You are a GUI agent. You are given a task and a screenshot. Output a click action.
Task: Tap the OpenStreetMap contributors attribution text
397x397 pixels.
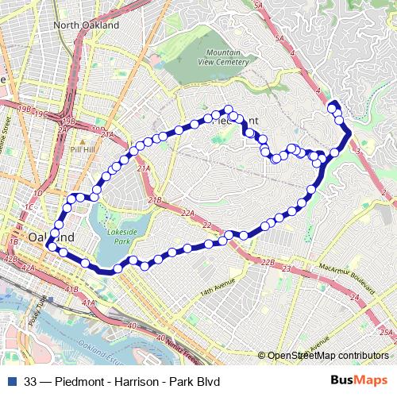pyautogui.click(x=328, y=356)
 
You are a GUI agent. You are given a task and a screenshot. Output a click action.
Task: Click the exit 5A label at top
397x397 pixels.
pyautogui.click(x=280, y=5)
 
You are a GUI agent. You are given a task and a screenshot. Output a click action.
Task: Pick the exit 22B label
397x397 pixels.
pyautogui.click(x=268, y=261)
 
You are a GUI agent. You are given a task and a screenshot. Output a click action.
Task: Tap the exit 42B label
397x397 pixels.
pyautogui.click(x=10, y=259)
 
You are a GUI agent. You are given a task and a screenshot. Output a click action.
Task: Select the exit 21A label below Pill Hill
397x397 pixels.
pyautogui.click(x=144, y=168)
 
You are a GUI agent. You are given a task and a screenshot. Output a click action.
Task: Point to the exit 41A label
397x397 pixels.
pyautogui.click(x=89, y=303)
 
